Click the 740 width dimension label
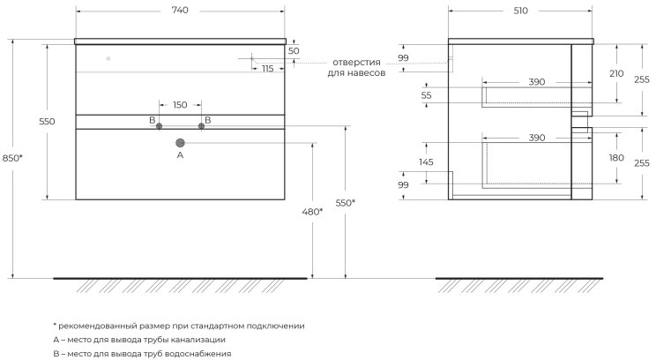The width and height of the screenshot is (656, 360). coord(180,11)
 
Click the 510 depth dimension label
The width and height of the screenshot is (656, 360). coord(521,11)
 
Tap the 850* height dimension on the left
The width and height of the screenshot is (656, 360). coord(12,158)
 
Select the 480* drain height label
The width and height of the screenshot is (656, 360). coord(312,212)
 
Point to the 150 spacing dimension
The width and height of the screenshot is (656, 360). coord(180,105)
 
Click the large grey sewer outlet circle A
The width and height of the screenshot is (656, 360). coord(181,143)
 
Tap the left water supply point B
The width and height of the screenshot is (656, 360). coord(159,126)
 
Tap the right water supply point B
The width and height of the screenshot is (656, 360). coord(201,126)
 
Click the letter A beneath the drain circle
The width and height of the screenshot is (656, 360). coord(181,155)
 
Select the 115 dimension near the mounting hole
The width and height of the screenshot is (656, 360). coord(268,69)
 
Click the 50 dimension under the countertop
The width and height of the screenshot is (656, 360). coord(294,51)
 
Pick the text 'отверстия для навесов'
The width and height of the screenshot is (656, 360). coord(356,68)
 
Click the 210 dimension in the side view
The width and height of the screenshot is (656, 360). coord(616,73)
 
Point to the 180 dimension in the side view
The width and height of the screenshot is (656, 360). coord(616,158)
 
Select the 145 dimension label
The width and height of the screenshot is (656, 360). coord(426,162)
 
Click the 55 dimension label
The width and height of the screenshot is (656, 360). coord(426,95)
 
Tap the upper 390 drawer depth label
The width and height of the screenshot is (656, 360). coord(536,82)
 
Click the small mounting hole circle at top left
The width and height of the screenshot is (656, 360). coord(108,58)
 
